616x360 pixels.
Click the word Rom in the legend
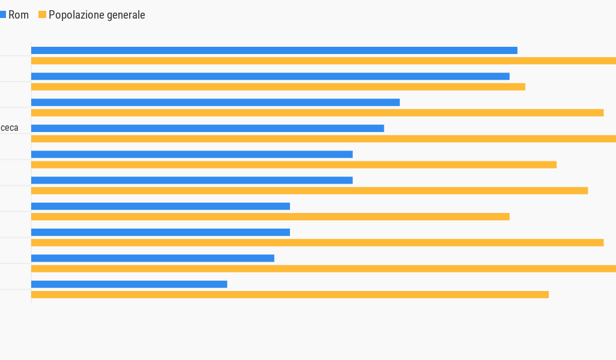[19, 15]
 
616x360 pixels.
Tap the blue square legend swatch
[3, 15]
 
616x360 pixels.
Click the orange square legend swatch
[42, 15]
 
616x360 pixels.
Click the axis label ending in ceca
[10, 128]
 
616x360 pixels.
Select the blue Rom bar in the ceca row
[207, 128]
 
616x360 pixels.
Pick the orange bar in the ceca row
[323, 139]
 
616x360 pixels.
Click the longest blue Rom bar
[274, 50]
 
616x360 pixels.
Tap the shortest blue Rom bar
[129, 284]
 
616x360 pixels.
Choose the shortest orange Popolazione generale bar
[270, 217]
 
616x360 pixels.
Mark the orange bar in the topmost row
[323, 61]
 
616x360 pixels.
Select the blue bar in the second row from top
[270, 76]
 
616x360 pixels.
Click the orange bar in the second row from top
[278, 86]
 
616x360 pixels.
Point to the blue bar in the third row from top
[215, 103]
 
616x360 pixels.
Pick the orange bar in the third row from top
[317, 113]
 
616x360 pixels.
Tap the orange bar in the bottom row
[290, 295]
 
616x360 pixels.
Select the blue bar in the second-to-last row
[152, 259]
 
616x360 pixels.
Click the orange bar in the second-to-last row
[323, 269]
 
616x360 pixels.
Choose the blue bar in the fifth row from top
[192, 154]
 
